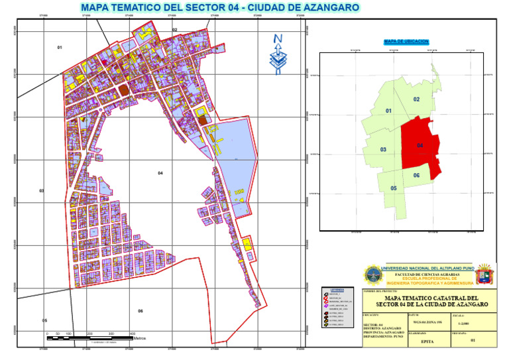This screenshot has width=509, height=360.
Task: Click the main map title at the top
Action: [219, 7]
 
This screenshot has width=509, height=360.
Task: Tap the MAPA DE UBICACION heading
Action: [406, 42]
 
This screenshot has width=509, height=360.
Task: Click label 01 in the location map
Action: [388, 111]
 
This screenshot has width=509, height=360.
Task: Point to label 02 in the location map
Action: [416, 99]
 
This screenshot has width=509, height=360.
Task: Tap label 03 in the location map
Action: [383, 150]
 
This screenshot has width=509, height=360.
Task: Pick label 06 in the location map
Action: [416, 175]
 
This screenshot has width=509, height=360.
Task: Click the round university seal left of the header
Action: [372, 274]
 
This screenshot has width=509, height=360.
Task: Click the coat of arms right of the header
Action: [484, 274]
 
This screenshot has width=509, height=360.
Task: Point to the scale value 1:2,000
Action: [461, 323]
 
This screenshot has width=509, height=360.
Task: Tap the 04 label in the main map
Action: [160, 173]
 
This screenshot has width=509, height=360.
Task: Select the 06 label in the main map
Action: [140, 311]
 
